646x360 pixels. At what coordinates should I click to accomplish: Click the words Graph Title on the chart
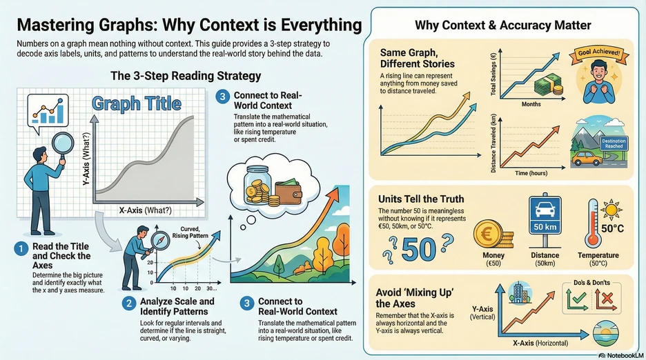pyautogui.click(x=136, y=105)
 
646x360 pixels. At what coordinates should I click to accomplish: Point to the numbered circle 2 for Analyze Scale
pyautogui.click(x=129, y=302)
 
